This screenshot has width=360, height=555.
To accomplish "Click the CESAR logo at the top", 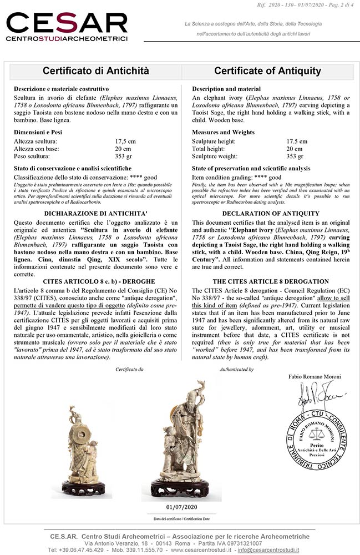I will pyautogui.click(x=67, y=27).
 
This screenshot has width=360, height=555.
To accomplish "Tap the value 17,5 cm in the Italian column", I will pyautogui.click(x=125, y=142).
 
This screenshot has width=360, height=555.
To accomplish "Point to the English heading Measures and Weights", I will pyautogui.click(x=223, y=132).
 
